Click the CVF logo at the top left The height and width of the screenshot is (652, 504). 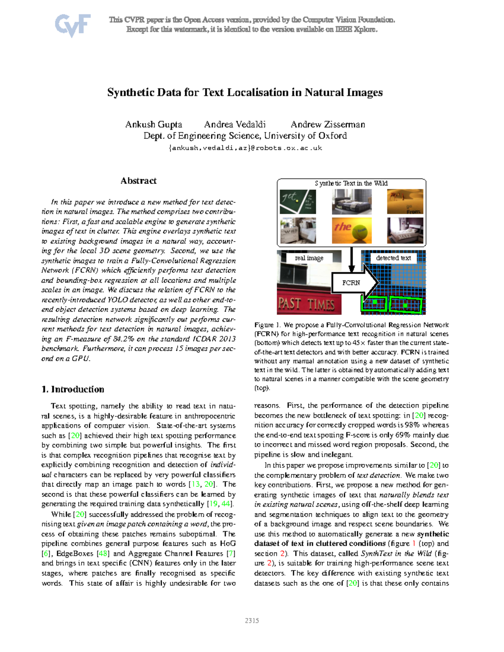click(72, 25)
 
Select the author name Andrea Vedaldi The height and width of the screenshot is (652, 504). click(235, 124)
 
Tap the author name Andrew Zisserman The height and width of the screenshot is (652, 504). click(328, 124)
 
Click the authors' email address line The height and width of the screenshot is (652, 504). click(245, 148)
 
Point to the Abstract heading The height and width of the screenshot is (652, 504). click(138, 181)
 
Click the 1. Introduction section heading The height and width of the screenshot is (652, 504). click(73, 389)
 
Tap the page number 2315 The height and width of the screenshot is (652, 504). click(252, 621)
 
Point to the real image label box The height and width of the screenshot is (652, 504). click(309, 258)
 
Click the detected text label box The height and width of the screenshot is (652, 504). click(393, 258)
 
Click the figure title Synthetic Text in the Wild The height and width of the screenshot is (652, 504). click(351, 183)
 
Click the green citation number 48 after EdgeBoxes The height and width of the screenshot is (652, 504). click(103, 553)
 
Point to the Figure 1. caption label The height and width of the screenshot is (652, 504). click(267, 325)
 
